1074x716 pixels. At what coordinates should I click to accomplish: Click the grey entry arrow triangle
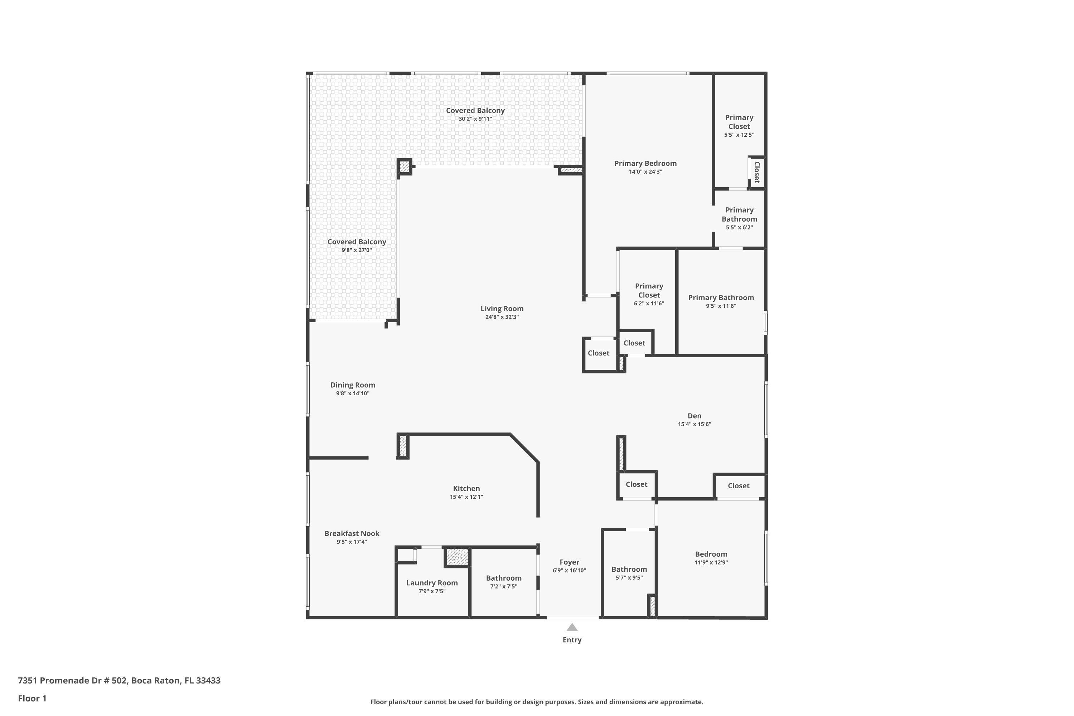pyautogui.click(x=572, y=628)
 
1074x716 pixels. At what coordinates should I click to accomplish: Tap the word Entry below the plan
pyautogui.click(x=572, y=640)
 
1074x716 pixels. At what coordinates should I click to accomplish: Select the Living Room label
pyautogui.click(x=502, y=309)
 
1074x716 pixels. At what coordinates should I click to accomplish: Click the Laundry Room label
pyautogui.click(x=432, y=583)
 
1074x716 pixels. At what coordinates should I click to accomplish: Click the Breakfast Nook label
pyautogui.click(x=352, y=533)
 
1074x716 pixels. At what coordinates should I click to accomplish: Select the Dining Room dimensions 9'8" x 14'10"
pyautogui.click(x=353, y=393)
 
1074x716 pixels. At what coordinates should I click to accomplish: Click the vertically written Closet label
pyautogui.click(x=757, y=172)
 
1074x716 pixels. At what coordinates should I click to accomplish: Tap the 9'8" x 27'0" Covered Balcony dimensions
pyautogui.click(x=357, y=250)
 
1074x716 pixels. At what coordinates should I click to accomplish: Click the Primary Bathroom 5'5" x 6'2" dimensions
pyautogui.click(x=739, y=227)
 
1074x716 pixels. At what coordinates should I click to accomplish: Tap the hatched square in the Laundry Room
pyautogui.click(x=457, y=556)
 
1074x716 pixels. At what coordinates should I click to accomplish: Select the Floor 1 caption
pyautogui.click(x=32, y=698)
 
